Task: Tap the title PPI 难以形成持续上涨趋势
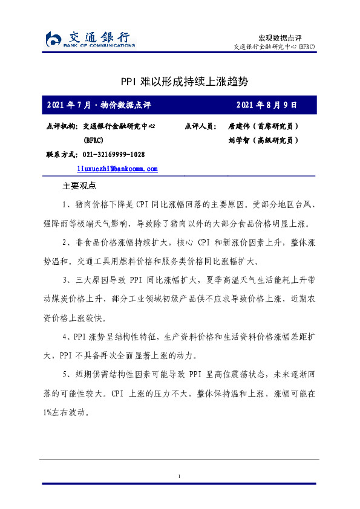[180, 81]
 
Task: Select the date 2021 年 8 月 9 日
[267, 105]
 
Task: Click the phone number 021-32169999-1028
[113, 154]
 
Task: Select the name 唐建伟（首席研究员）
[262, 126]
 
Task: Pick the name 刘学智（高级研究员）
[262, 140]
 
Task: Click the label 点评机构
[62, 126]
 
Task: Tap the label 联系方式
[62, 154]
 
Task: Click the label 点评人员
[200, 126]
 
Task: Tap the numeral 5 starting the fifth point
[65, 375]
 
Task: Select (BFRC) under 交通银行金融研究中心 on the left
[93, 140]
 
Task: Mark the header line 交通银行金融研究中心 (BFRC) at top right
[273, 47]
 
